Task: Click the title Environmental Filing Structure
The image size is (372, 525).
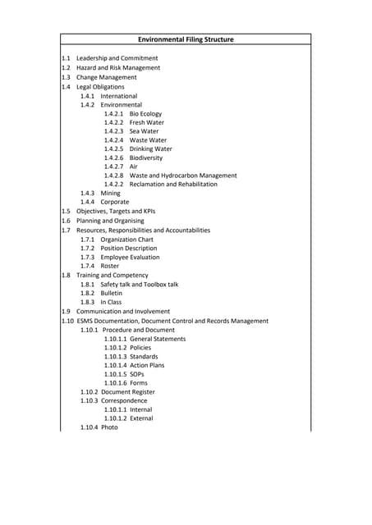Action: pos(186,39)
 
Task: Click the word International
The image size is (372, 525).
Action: pos(119,96)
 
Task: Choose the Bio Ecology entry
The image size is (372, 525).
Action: pos(145,113)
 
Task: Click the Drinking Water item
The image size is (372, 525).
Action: pos(150,149)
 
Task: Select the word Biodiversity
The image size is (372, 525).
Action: pos(146,158)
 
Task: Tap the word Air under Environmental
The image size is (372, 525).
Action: pos(134,167)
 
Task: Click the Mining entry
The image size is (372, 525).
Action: pos(110,194)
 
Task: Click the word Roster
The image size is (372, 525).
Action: pos(109,266)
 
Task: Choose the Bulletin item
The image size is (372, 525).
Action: pos(111,293)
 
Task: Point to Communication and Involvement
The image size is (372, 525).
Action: pos(123,312)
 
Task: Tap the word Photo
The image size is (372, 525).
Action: pos(109,427)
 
